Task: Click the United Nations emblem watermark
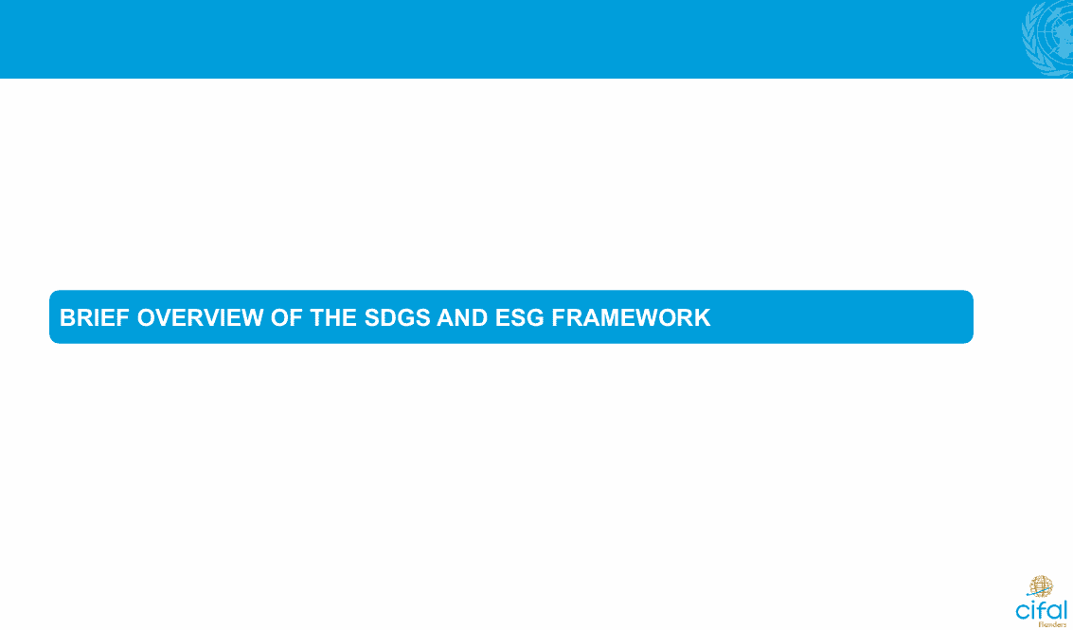[1047, 40]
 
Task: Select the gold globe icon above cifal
[1041, 586]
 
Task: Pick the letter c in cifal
[1023, 611]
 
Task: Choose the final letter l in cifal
[1064, 609]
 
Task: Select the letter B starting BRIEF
[67, 317]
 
